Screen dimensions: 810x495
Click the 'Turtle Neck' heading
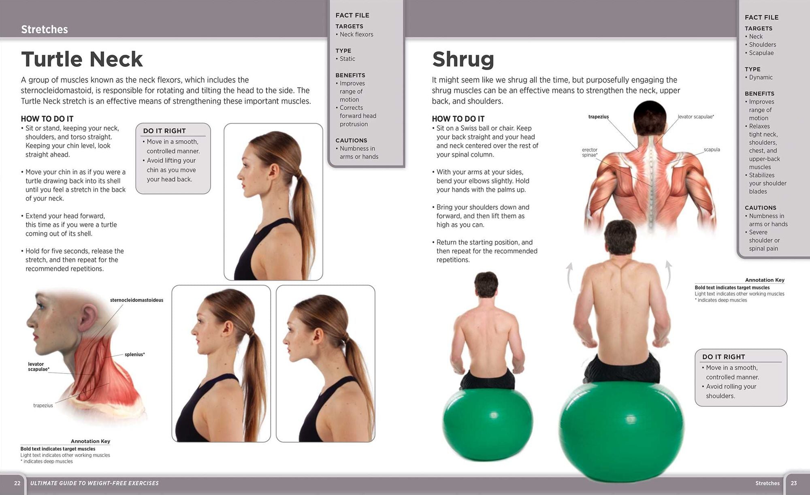(82, 59)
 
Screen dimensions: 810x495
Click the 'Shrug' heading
(463, 60)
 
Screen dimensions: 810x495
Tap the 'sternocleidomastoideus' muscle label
(136, 300)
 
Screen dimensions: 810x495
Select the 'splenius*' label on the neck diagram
(135, 354)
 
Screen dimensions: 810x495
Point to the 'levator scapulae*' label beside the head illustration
(39, 367)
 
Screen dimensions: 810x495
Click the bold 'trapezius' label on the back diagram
(599, 117)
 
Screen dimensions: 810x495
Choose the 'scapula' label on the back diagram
(712, 149)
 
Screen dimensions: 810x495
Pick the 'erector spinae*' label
(590, 152)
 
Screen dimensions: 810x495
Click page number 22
(17, 483)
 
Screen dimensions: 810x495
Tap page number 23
(794, 483)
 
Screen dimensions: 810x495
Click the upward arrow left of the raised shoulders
(569, 277)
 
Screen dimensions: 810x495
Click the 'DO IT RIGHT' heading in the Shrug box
(724, 357)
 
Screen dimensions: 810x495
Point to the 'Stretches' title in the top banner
(45, 29)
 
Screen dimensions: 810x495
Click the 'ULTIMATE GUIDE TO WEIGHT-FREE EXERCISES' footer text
(94, 483)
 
